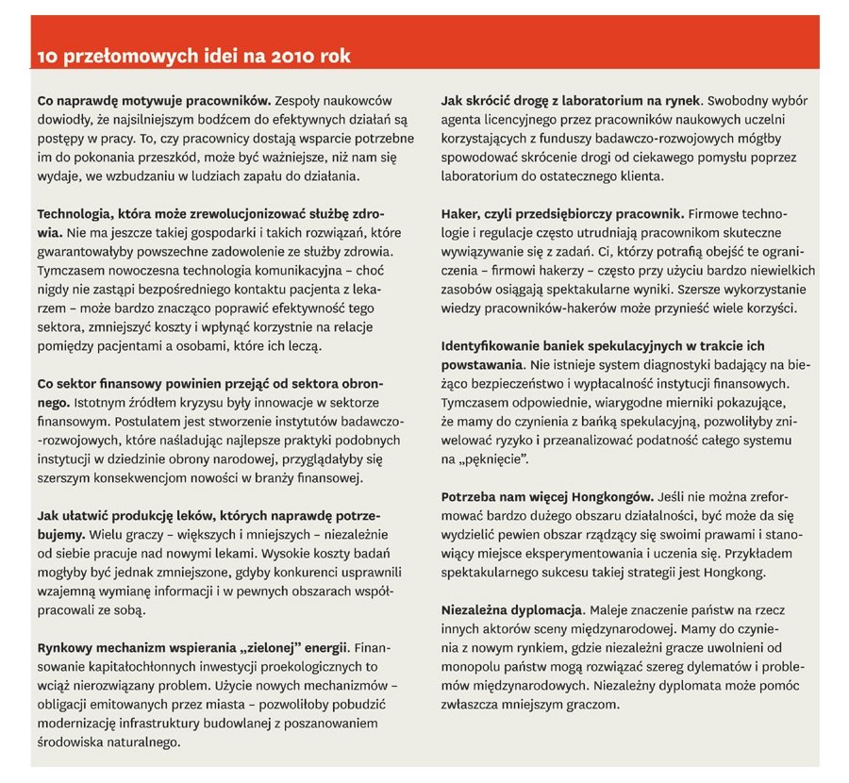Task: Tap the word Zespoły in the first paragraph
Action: click(302, 99)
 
